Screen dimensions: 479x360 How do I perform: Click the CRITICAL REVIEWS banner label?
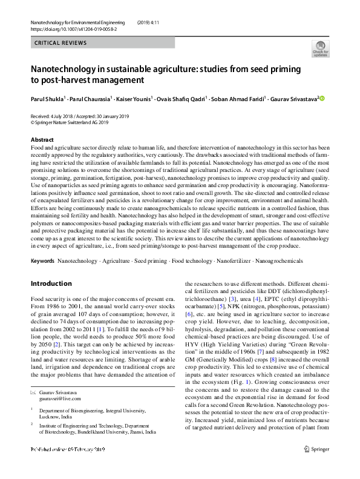click(x=61, y=43)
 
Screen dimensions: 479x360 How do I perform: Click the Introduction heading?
click(x=51, y=283)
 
